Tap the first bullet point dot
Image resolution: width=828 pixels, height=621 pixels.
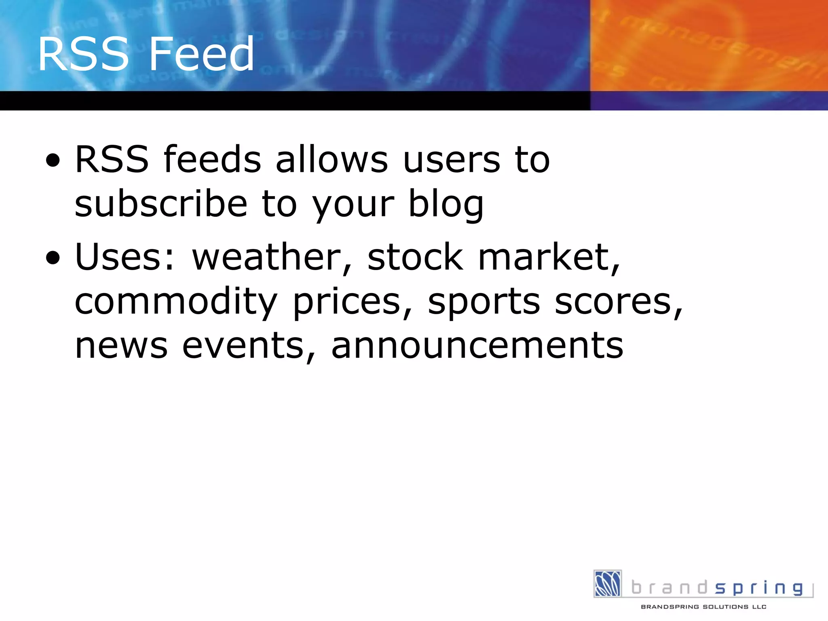(x=53, y=161)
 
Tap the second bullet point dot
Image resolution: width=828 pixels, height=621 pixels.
(x=53, y=258)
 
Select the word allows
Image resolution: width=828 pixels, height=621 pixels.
(x=332, y=160)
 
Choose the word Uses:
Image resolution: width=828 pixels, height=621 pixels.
(x=125, y=257)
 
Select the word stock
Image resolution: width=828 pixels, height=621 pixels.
(x=415, y=257)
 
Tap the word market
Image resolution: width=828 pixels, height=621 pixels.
(x=548, y=257)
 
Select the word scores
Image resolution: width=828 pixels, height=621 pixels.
(x=617, y=302)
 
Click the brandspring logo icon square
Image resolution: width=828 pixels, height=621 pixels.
(x=607, y=583)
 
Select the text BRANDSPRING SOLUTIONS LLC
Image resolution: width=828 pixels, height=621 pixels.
(x=703, y=606)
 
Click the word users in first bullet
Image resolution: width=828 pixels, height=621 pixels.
(x=452, y=160)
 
